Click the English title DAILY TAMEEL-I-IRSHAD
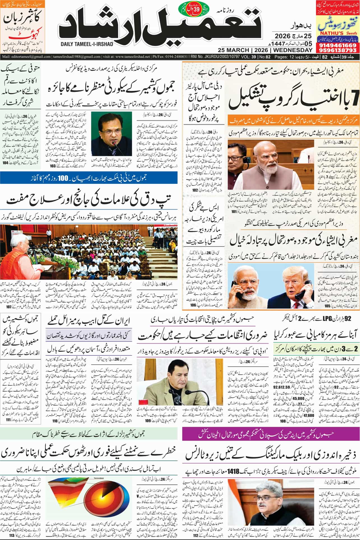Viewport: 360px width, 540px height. click(86, 44)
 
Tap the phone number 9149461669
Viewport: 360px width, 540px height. click(337, 38)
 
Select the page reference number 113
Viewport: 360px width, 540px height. click(12, 535)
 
